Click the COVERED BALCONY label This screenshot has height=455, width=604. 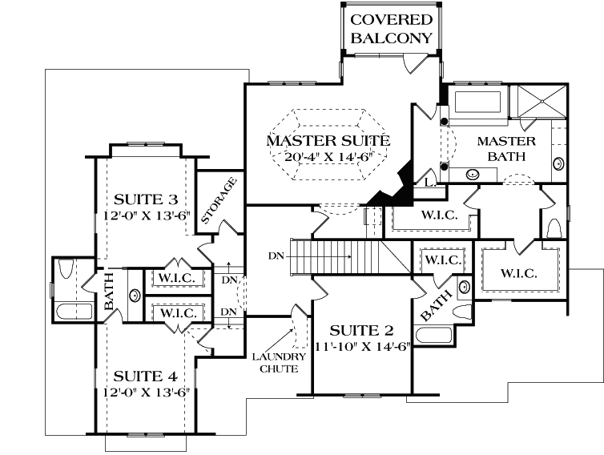point(392,28)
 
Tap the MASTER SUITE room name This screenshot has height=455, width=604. point(328,141)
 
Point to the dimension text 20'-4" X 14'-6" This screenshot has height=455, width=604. point(328,157)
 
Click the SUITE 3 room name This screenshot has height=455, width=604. point(145,199)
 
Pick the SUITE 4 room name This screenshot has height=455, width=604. point(145,376)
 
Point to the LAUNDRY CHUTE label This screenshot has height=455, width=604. point(278,362)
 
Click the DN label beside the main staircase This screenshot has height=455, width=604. point(277,257)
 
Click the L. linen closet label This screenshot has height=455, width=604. point(430,183)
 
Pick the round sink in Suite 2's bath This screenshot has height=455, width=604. point(463,288)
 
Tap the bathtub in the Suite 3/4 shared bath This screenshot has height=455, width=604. point(75,311)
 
